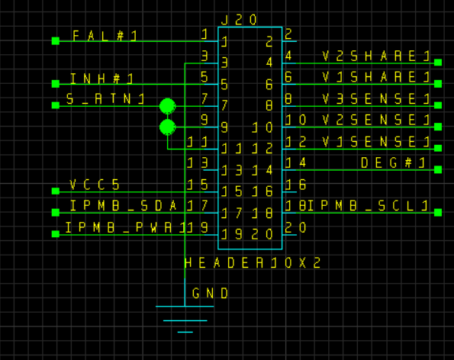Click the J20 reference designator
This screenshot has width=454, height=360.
click(x=239, y=20)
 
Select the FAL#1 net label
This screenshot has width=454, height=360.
click(x=105, y=36)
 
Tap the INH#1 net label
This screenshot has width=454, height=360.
click(x=101, y=79)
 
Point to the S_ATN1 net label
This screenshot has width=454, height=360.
click(x=105, y=99)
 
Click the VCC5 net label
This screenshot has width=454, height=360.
click(x=95, y=185)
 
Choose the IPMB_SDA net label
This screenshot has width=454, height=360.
click(x=124, y=206)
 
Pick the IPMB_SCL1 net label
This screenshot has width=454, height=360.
click(x=369, y=206)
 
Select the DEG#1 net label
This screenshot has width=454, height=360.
click(x=393, y=163)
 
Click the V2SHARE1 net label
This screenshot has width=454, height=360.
click(x=376, y=56)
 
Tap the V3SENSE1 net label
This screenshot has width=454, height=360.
click(x=376, y=99)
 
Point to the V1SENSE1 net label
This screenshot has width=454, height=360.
click(x=376, y=142)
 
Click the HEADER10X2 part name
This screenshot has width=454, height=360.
click(x=253, y=263)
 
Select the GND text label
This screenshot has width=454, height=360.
click(x=210, y=294)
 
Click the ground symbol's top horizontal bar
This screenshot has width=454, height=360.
click(x=185, y=306)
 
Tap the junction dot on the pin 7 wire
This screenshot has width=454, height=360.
click(x=167, y=106)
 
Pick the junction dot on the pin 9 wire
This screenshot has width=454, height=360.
click(x=167, y=127)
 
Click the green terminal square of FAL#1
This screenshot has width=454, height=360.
click(x=56, y=41)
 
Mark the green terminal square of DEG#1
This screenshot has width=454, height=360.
click(x=438, y=169)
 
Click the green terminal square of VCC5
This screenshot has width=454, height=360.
click(x=56, y=191)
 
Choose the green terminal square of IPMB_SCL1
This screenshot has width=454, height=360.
click(x=438, y=212)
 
